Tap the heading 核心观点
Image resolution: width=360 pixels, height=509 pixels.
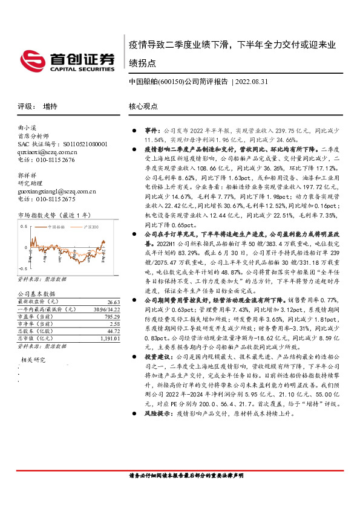coord(143,106)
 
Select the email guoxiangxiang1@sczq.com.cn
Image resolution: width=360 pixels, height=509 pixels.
coord(57,191)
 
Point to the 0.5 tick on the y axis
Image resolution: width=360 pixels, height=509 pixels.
coord(24,226)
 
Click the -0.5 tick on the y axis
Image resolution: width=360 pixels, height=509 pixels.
coord(22,267)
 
